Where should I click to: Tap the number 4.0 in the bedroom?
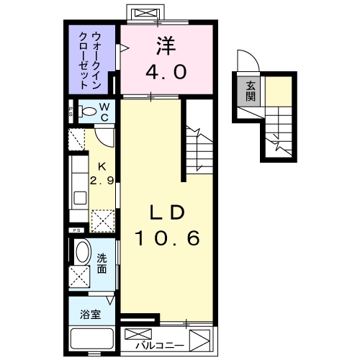click(x=168, y=71)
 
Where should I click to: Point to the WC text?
click(x=104, y=111)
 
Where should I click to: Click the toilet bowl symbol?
click(x=87, y=112)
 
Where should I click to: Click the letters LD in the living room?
click(x=168, y=213)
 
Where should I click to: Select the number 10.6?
click(x=168, y=237)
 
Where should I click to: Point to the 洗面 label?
click(x=103, y=264)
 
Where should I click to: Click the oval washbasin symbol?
click(x=83, y=253)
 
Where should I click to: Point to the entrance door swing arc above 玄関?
click(x=245, y=63)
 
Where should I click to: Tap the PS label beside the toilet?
click(x=71, y=112)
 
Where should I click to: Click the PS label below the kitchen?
click(x=75, y=230)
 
